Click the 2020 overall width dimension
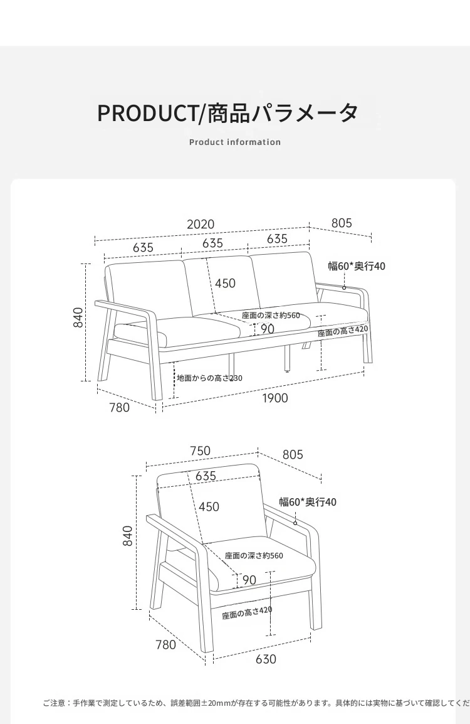tap(201, 225)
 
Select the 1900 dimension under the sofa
tap(275, 398)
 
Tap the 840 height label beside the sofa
tap(78, 317)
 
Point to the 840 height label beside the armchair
tap(128, 536)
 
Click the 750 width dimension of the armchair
tap(200, 450)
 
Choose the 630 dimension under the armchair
tap(266, 659)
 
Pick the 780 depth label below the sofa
tap(120, 408)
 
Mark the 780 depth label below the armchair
tap(165, 644)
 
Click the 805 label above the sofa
tap(342, 223)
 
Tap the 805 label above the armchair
tap(293, 455)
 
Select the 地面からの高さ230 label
tap(210, 378)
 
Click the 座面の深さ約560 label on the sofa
tap(271, 316)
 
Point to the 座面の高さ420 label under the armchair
tap(247, 613)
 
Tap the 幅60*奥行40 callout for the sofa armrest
tap(357, 266)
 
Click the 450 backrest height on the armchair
tap(209, 507)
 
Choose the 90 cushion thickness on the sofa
tap(268, 329)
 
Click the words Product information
tap(235, 142)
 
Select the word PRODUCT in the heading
tap(147, 113)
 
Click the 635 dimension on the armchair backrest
tap(206, 476)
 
